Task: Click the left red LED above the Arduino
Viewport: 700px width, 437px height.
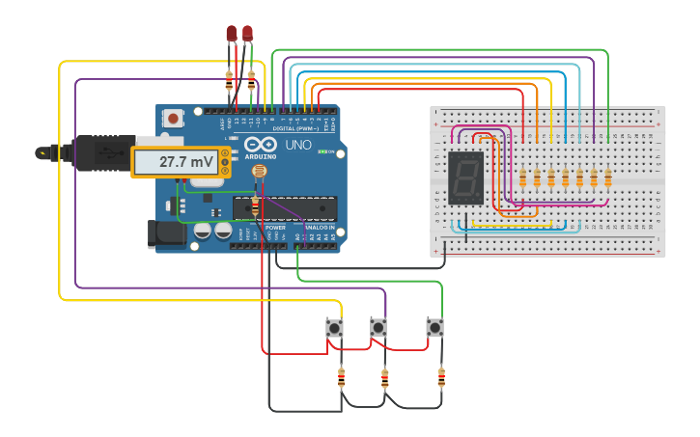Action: pos(231,35)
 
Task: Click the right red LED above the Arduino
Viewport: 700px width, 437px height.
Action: pos(248,34)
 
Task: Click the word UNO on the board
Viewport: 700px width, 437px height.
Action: pos(298,146)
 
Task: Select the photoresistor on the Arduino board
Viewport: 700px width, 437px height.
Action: pos(258,173)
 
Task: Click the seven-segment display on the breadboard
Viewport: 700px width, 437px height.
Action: pos(466,178)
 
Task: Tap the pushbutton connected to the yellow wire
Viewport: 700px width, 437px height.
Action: pos(335,328)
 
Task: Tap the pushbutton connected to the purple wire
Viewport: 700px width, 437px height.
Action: pos(379,328)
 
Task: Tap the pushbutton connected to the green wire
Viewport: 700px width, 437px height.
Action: pos(435,328)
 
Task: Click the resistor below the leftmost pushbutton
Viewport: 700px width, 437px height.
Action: pos(341,377)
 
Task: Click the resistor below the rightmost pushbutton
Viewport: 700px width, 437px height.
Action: pos(441,377)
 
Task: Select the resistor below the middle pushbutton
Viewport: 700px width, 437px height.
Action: pos(385,378)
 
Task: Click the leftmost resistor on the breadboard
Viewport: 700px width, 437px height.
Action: pos(523,178)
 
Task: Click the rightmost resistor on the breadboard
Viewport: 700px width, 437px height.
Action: pos(608,178)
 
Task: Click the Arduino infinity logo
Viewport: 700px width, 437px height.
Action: pos(259,145)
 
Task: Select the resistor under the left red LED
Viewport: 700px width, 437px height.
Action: pos(229,82)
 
